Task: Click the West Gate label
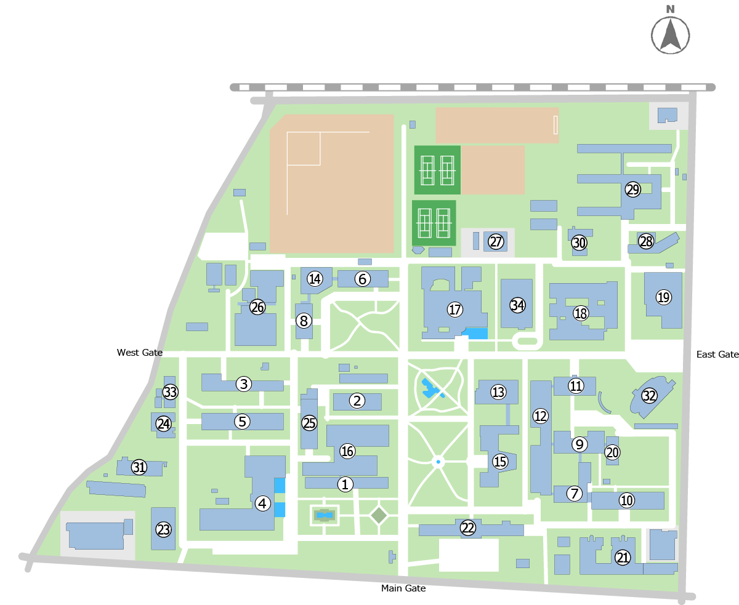coord(140,353)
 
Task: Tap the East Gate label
coord(717,355)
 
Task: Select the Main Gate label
coord(403,588)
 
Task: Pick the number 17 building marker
coord(455,310)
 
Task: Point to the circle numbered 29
coord(633,190)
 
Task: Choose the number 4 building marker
coord(263,503)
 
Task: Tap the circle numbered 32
coord(649,396)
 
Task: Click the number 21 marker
coord(623,558)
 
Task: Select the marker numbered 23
coord(163,529)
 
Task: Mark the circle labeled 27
coord(496,242)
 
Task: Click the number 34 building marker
coord(517,305)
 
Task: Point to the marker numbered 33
coord(170,392)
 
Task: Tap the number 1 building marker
coord(345,484)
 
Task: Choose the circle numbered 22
coord(469,527)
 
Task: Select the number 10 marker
coord(626,500)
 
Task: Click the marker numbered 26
coord(257,307)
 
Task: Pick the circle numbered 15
coord(500,461)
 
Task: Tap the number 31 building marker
coord(140,467)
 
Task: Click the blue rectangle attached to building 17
coord(475,334)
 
